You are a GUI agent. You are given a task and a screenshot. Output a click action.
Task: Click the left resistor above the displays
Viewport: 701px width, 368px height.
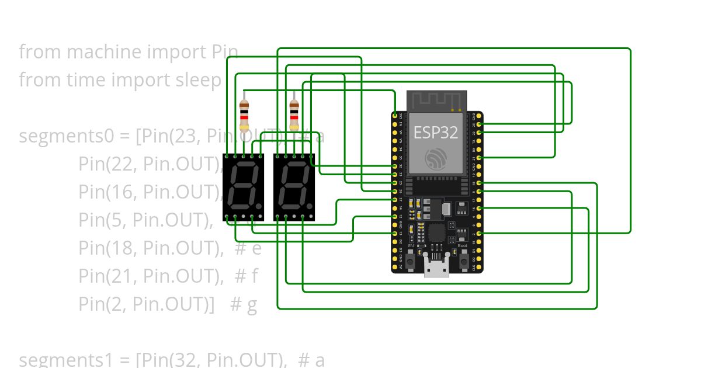(244, 115)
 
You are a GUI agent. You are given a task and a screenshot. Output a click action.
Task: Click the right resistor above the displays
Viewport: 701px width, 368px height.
(294, 115)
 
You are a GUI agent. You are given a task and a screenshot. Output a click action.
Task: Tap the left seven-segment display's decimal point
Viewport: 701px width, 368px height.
(258, 207)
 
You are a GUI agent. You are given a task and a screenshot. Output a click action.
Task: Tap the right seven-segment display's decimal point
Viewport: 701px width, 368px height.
(307, 207)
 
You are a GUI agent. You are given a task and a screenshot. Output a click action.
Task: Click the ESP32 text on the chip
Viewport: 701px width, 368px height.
(435, 132)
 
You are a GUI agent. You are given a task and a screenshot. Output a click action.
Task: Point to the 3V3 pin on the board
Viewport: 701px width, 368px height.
(395, 116)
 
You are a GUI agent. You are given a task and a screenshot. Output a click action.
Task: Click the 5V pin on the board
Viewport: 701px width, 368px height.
(395, 267)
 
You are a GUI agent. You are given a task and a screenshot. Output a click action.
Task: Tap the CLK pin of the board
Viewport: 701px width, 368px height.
(479, 267)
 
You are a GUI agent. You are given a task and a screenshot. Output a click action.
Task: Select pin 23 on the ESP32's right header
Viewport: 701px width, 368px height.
(479, 124)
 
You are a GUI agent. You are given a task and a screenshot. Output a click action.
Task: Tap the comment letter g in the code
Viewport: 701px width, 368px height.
(252, 304)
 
